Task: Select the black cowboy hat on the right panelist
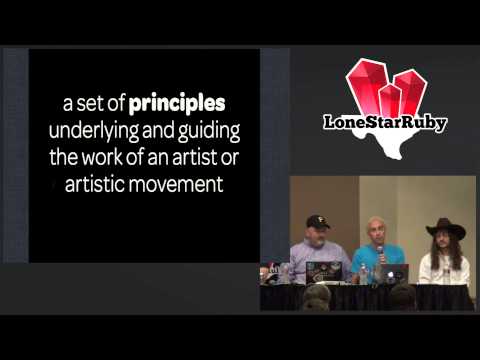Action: tap(441, 228)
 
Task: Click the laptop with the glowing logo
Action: tap(394, 273)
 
